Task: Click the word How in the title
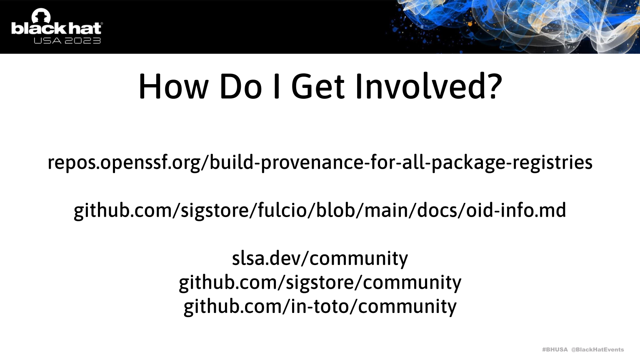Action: coord(173,87)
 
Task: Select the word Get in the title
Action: coord(318,87)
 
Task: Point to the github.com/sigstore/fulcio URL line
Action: coord(320,211)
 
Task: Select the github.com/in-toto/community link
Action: coord(320,307)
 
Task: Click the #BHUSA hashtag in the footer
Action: coord(555,350)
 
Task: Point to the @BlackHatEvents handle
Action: coord(597,350)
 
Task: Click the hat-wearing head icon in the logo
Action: coord(41,16)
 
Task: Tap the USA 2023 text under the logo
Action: coord(67,40)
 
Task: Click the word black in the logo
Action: coord(39,29)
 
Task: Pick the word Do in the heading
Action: coord(240,87)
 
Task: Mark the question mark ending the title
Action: coord(495,86)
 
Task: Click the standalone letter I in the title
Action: coord(276,87)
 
